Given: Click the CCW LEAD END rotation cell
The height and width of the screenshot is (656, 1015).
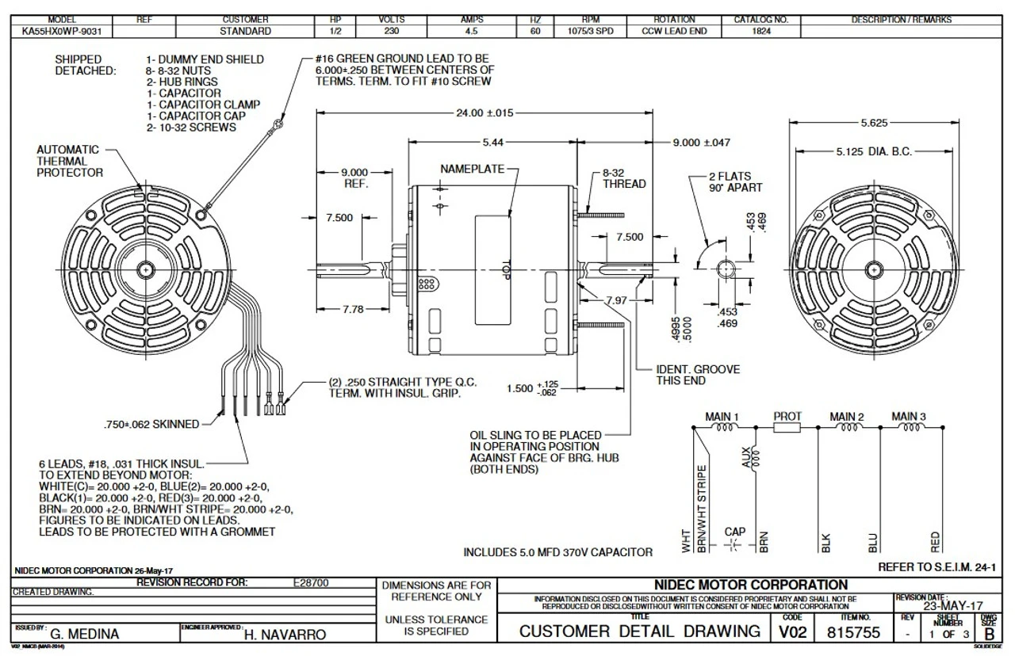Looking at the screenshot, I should [x=674, y=32].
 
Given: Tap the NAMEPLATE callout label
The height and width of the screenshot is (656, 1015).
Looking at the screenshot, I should [x=469, y=170].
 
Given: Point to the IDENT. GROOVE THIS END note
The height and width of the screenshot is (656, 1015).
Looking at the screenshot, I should [x=698, y=375].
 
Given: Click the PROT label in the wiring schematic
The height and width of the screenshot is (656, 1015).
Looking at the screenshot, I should [x=787, y=416].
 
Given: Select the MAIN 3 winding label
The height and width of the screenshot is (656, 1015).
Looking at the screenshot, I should [x=909, y=416].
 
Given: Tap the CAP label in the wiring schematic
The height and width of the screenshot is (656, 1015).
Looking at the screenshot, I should [x=734, y=532].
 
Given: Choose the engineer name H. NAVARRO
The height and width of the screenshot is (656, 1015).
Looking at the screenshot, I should [x=286, y=635].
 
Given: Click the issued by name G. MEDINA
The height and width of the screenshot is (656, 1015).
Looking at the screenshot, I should [x=86, y=635].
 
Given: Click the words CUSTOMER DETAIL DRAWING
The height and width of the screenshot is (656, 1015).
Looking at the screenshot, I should [x=639, y=631].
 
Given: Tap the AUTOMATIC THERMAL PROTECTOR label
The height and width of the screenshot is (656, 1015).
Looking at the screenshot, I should [x=70, y=161].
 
